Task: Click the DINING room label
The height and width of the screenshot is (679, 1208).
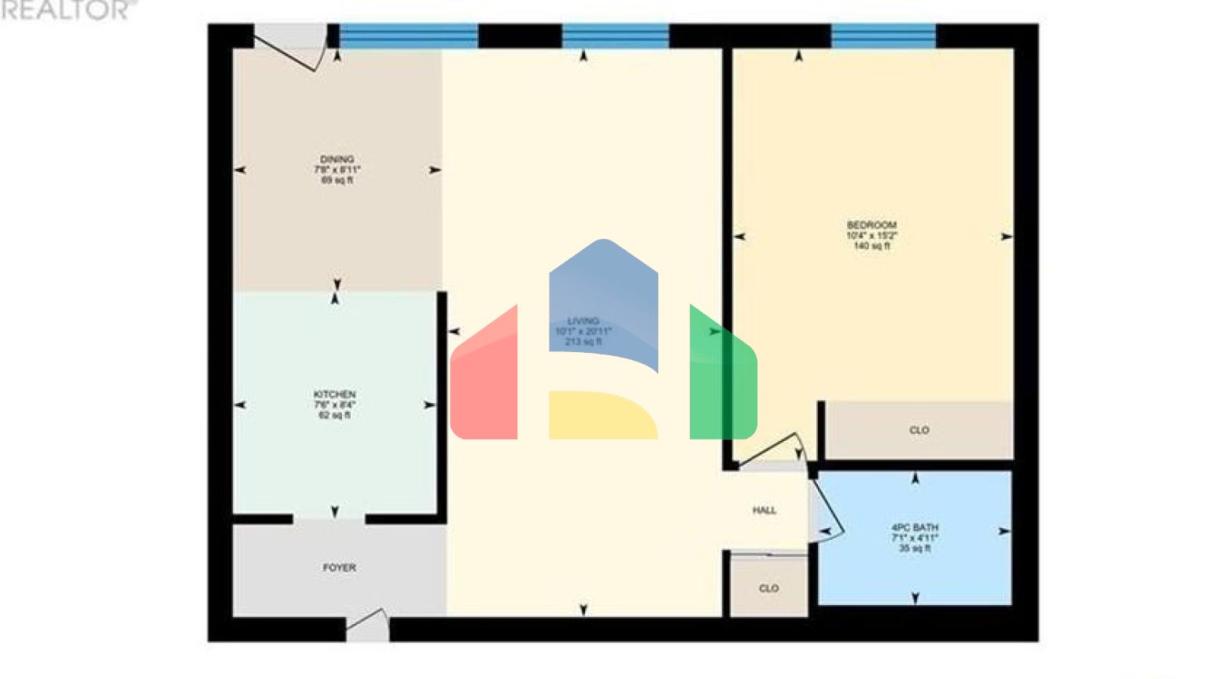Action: (x=337, y=160)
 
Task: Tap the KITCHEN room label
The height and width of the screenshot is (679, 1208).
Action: (x=334, y=395)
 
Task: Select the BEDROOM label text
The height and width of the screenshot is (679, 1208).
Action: (x=871, y=226)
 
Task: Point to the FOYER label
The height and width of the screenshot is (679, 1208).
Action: (x=339, y=567)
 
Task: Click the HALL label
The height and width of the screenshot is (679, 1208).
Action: (x=764, y=511)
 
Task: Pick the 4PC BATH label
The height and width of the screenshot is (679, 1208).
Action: (x=915, y=528)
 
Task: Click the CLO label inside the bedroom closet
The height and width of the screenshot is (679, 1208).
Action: (x=919, y=431)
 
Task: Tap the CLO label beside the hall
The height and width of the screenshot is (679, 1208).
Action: (x=768, y=589)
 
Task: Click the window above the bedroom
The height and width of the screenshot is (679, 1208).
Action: (x=883, y=36)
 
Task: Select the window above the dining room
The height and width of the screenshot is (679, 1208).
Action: (x=408, y=36)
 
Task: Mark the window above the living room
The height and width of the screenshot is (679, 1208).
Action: (x=615, y=36)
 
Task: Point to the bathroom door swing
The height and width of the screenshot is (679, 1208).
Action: (x=827, y=511)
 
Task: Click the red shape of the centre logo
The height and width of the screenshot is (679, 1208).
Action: (x=484, y=381)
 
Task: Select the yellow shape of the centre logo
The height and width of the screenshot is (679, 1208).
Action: (x=602, y=415)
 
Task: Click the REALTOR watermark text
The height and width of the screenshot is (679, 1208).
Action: (x=66, y=10)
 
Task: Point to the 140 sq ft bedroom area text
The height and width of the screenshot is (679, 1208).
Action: (x=871, y=247)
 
